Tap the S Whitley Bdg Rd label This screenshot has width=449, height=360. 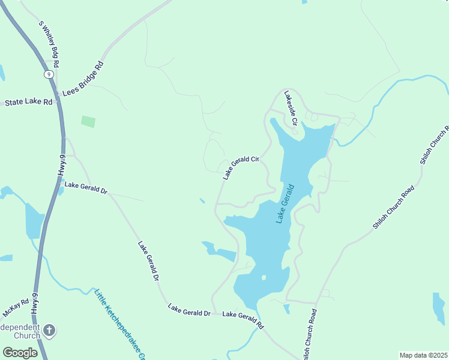(49, 44)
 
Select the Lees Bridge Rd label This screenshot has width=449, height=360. (83, 78)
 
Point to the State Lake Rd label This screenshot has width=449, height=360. (29, 103)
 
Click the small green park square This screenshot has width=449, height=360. (88, 121)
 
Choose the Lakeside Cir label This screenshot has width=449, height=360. (291, 108)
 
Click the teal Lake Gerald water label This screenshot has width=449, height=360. (286, 204)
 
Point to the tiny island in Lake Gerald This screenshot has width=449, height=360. (263, 278)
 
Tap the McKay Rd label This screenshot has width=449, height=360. (16, 308)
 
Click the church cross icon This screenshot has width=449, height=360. (49, 330)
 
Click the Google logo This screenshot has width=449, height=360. (20, 352)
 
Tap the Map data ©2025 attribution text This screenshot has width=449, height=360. (423, 355)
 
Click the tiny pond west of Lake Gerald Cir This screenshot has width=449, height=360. (202, 200)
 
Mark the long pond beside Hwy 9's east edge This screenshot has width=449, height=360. (34, 220)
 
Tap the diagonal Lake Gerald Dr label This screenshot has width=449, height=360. (148, 262)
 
